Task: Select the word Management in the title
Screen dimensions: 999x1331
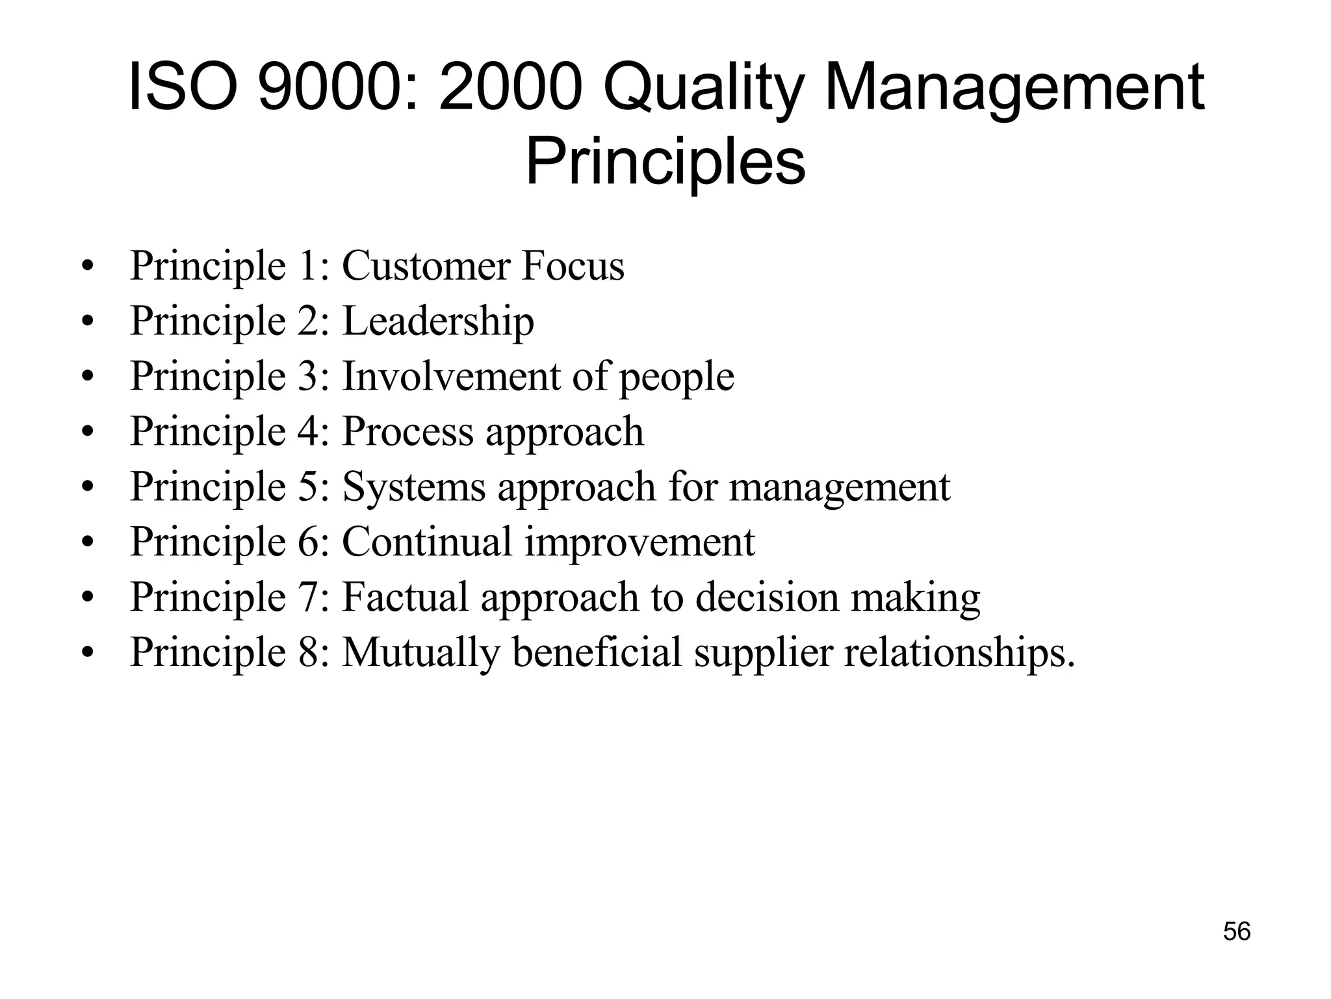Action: (1014, 89)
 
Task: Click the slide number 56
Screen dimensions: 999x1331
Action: (1237, 931)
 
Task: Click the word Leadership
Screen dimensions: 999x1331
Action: (438, 321)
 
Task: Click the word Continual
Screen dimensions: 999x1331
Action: (427, 542)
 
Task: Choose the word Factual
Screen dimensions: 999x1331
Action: (405, 597)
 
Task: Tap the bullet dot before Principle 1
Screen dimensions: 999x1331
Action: (88, 267)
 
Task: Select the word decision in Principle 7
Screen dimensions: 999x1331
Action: (767, 597)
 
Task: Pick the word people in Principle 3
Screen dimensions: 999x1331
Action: (676, 377)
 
